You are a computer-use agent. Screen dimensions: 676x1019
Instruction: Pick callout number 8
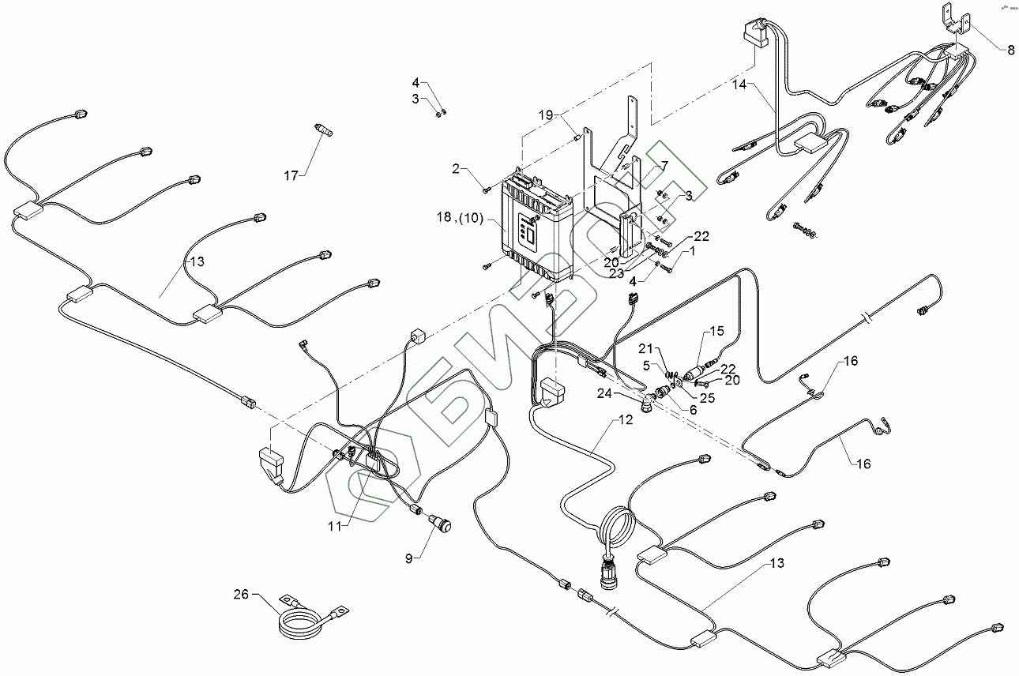pos(1011,49)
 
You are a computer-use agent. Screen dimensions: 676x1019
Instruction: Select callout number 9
pos(409,558)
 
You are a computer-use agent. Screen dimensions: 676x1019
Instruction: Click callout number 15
pos(716,331)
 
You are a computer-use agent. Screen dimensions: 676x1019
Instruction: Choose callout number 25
pos(707,398)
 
